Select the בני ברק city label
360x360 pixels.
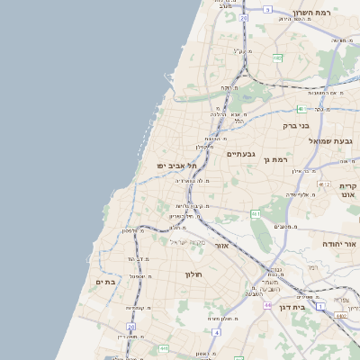tap(296, 127)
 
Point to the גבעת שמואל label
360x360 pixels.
tap(330, 141)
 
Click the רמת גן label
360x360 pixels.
tap(271, 159)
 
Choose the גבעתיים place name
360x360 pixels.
tap(241, 154)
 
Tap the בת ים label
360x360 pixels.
tap(106, 282)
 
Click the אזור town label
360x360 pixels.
tap(220, 245)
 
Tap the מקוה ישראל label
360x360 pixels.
tap(188, 241)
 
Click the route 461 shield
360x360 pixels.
tap(256, 214)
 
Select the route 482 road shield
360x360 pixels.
tap(277, 58)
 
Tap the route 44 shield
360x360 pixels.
tap(267, 305)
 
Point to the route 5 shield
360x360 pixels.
tap(266, 9)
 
